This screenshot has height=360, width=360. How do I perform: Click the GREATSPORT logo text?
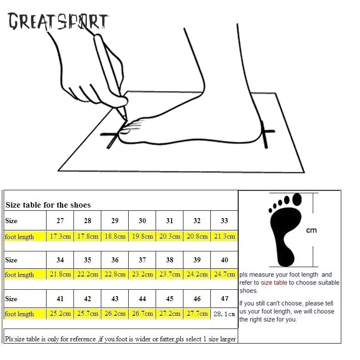click(x=58, y=21)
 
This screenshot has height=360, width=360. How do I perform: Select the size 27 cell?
click(x=60, y=220)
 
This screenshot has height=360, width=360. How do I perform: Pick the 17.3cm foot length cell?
click(x=60, y=236)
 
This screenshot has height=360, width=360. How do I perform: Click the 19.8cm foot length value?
click(x=142, y=236)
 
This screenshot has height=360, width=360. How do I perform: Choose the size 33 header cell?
click(x=224, y=220)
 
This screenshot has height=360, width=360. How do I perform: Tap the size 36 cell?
click(x=115, y=260)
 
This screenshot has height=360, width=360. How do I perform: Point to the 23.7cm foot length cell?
click(x=170, y=274)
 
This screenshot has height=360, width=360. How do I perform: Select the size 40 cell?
click(x=224, y=260)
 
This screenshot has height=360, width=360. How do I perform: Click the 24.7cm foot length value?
click(x=224, y=274)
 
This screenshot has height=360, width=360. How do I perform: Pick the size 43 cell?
click(x=115, y=298)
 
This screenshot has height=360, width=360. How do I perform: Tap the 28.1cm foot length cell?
click(x=224, y=313)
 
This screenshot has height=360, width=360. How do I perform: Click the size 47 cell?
click(x=224, y=298)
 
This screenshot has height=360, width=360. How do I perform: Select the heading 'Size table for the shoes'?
click(x=48, y=205)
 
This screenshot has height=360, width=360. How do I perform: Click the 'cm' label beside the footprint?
click(x=311, y=230)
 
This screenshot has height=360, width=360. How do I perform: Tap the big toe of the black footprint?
click(x=297, y=199)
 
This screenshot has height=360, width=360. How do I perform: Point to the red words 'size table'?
click(x=274, y=282)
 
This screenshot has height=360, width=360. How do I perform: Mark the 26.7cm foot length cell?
click(x=142, y=313)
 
